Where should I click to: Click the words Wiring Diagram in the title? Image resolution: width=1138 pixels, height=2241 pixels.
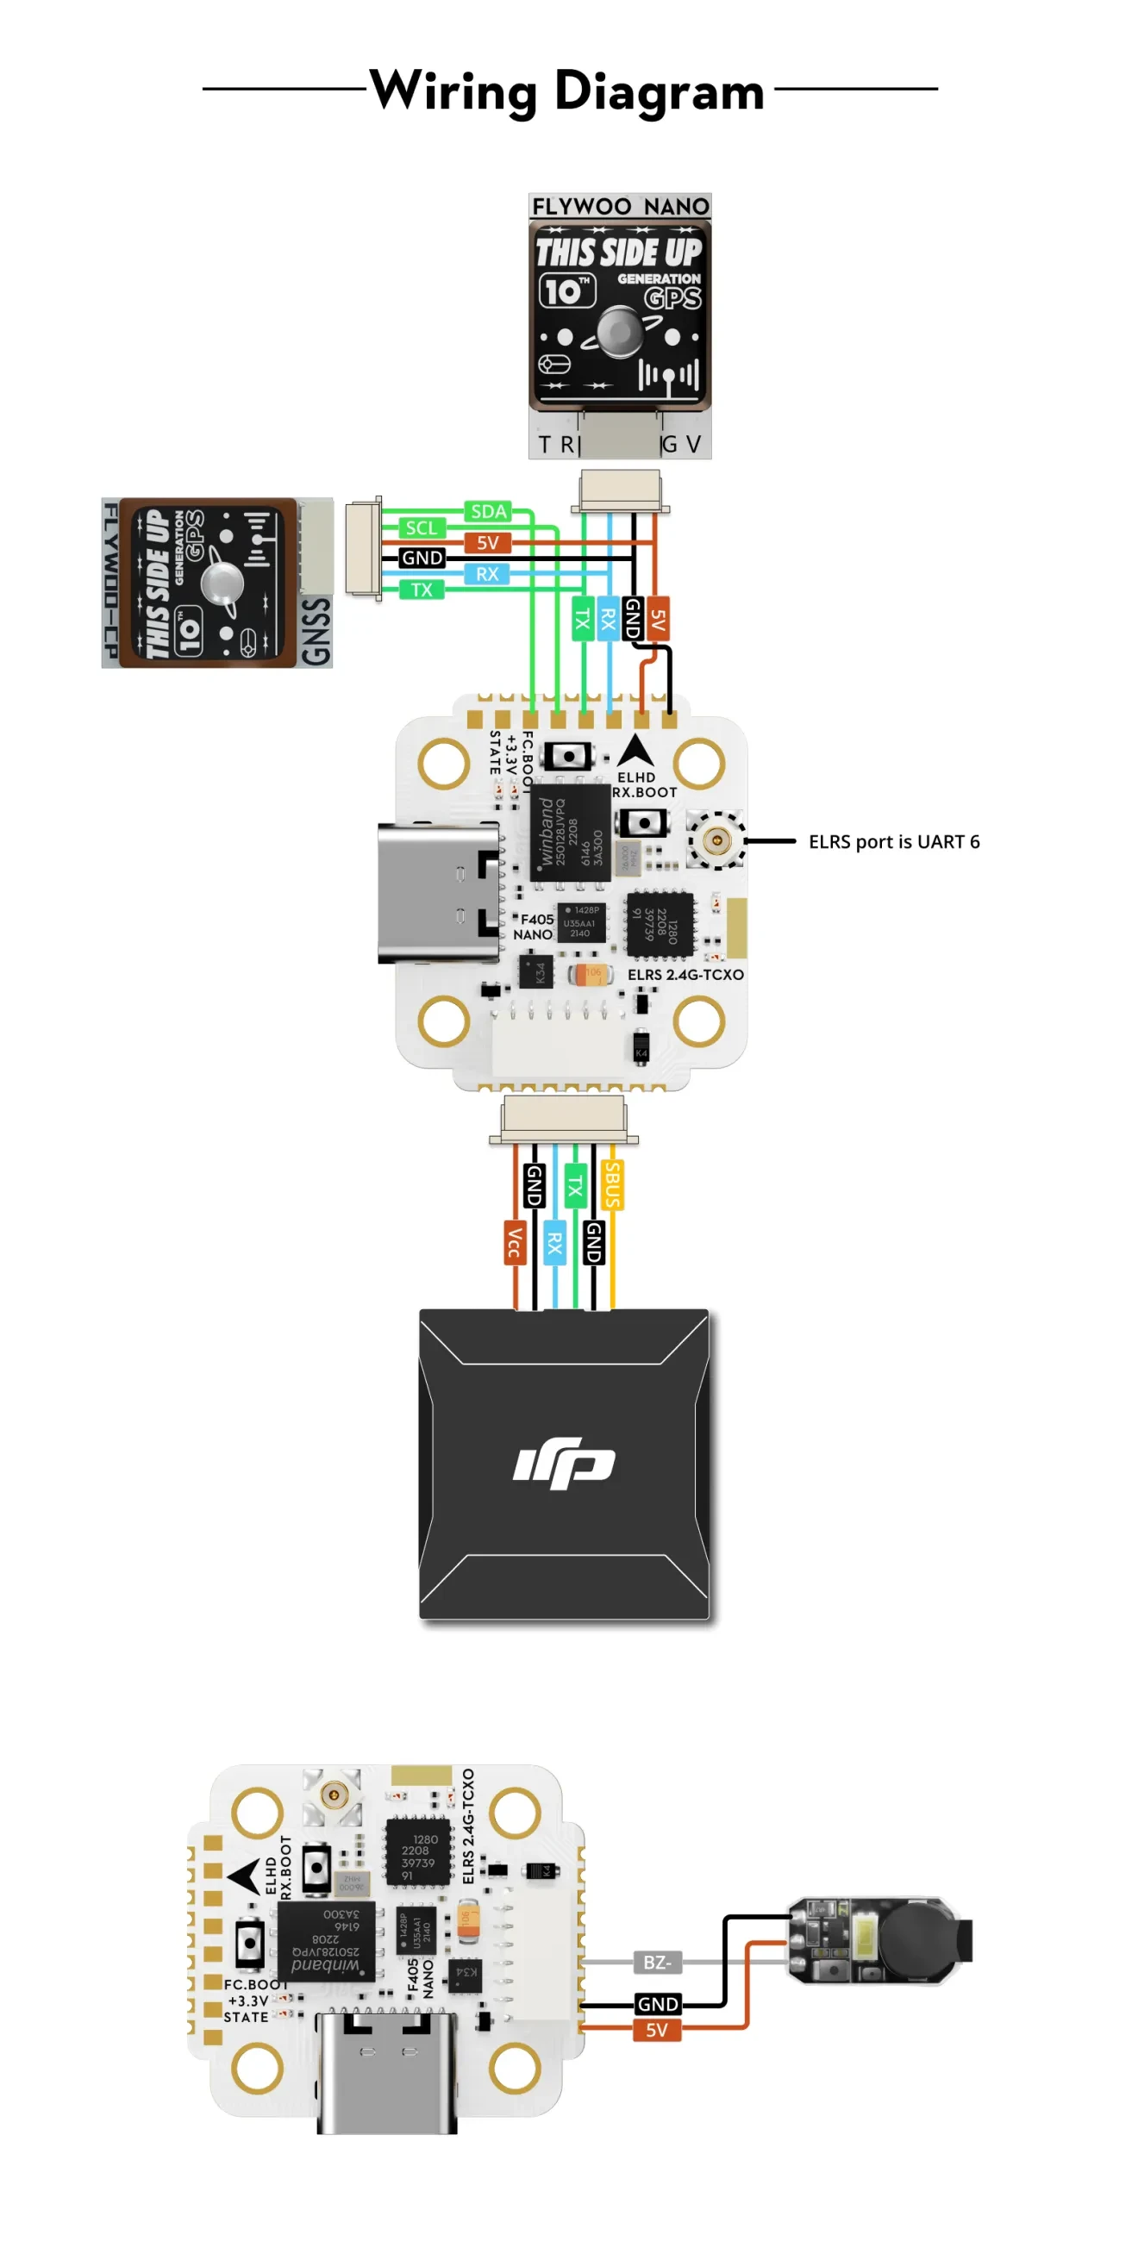567,91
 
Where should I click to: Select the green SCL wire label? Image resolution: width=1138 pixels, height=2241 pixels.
421,528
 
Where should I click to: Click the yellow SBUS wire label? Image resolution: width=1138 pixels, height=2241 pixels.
612,1184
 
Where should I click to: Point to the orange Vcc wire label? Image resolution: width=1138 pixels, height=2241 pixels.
514,1241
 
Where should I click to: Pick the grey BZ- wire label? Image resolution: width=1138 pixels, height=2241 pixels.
657,1962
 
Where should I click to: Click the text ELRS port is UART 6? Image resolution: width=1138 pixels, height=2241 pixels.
893,841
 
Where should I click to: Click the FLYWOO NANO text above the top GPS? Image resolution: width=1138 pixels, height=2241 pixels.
620,206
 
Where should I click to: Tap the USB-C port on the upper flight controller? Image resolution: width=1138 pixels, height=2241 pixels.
440,894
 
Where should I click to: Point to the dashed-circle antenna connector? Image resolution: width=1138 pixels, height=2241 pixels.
716,840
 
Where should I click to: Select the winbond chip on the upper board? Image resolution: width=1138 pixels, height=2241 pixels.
570,833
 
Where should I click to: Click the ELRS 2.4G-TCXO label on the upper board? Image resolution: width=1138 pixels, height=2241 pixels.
685,974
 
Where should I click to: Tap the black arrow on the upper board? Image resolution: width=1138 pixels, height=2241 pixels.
635,750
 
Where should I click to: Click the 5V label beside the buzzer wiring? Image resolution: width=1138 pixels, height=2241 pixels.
657,2030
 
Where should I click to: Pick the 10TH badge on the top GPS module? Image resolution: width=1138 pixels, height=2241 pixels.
567,290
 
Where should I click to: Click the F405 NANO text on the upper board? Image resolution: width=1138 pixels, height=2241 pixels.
535,927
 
